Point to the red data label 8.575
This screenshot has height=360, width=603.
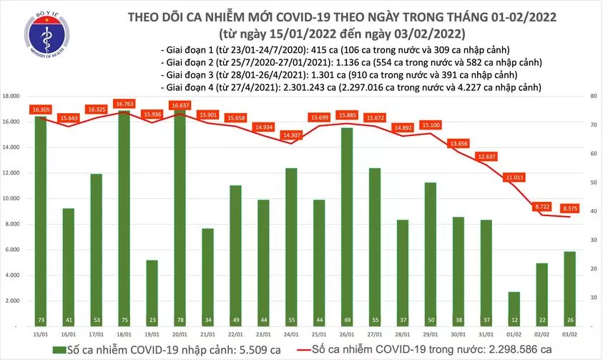pos(572,208)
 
